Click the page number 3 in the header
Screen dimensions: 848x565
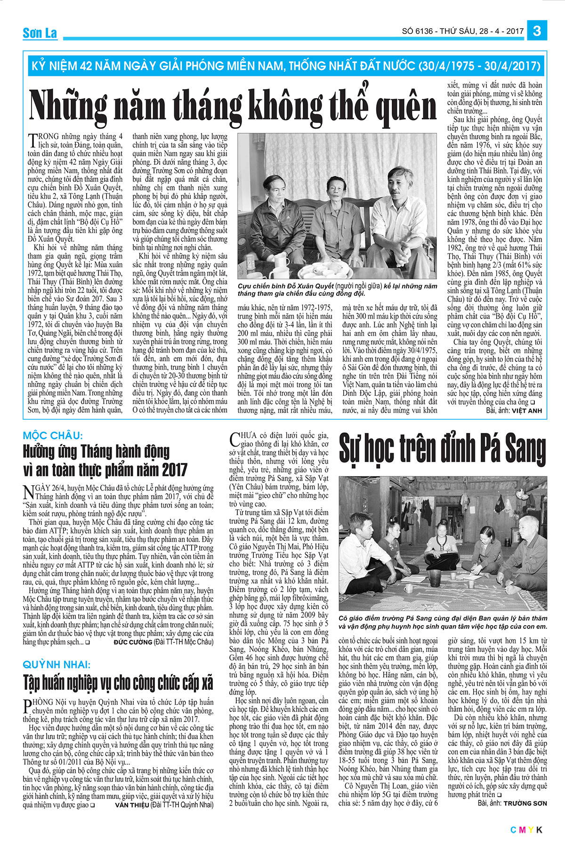pyautogui.click(x=537, y=31)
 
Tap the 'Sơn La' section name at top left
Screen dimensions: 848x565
pyautogui.click(x=40, y=33)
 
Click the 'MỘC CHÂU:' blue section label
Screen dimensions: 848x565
pyautogui.click(x=53, y=435)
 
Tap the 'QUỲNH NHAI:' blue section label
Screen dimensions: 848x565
pyautogui.click(x=56, y=665)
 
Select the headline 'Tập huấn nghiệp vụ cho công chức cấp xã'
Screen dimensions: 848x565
pyautogui.click(x=118, y=682)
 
